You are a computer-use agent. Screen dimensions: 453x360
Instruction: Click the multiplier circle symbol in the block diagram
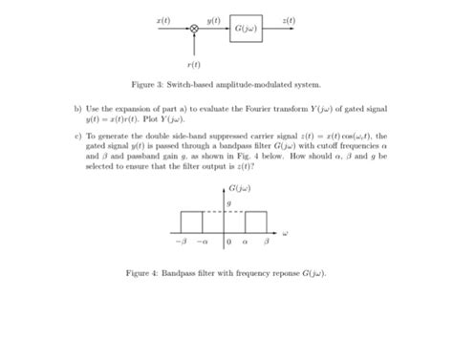pyautogui.click(x=194, y=31)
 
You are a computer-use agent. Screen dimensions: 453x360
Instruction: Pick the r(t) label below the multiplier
pyautogui.click(x=194, y=64)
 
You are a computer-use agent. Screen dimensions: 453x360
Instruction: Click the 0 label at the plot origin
pyautogui.click(x=229, y=243)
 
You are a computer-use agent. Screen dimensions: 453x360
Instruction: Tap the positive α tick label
pyautogui.click(x=248, y=243)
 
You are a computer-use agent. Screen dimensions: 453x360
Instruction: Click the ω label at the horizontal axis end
pyautogui.click(x=285, y=232)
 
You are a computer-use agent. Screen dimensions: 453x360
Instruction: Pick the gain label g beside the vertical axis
pyautogui.click(x=229, y=202)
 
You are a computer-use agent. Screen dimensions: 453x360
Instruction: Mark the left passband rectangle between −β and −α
pyautogui.click(x=191, y=222)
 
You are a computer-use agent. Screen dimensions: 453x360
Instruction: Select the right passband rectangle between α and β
pyautogui.click(x=257, y=222)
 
